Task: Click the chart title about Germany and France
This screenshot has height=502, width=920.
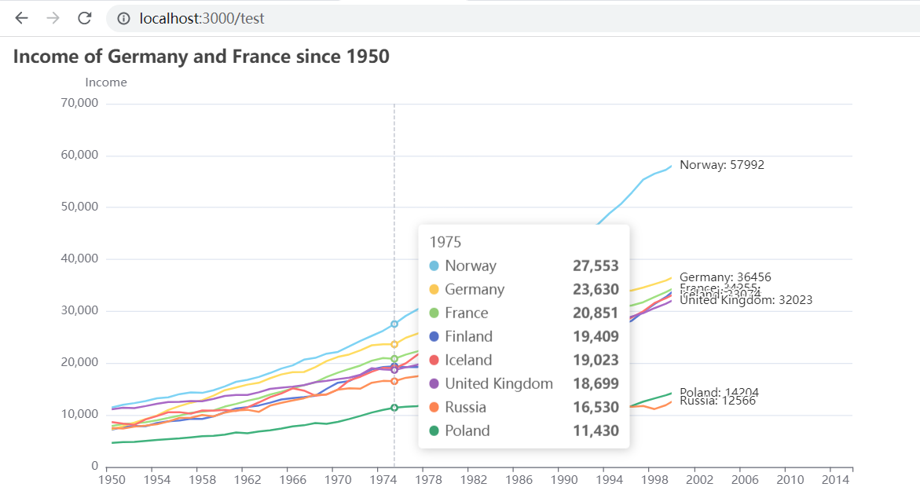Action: tap(201, 57)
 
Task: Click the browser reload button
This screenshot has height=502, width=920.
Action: tap(84, 17)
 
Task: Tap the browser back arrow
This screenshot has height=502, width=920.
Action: tap(22, 17)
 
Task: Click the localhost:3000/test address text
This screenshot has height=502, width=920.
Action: tap(201, 18)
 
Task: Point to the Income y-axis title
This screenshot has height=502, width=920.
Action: tap(106, 82)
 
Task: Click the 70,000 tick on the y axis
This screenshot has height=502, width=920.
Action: tap(79, 103)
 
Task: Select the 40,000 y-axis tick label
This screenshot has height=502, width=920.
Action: tap(79, 258)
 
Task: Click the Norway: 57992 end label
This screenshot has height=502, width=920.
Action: tap(721, 165)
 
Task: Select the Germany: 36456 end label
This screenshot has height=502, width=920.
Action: tap(725, 277)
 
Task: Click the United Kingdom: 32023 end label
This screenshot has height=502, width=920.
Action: tap(746, 300)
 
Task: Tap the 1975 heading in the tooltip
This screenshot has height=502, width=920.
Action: tap(445, 242)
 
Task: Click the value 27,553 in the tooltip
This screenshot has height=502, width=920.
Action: tap(596, 266)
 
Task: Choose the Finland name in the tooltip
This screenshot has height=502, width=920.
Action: tap(468, 336)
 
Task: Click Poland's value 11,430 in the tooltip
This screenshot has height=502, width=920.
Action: tap(596, 431)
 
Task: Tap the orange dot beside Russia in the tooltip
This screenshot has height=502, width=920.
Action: tap(434, 407)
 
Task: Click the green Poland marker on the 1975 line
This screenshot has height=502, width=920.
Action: tap(394, 407)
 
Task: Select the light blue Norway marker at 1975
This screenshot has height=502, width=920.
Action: tap(394, 324)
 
